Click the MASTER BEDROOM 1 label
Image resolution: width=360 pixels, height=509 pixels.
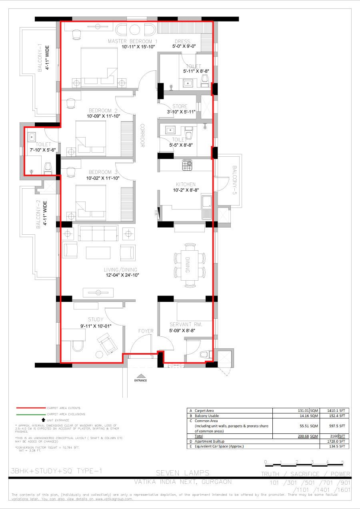click(132, 41)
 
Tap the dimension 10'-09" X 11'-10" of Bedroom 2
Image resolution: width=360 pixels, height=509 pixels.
click(104, 116)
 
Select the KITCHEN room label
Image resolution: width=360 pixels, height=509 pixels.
click(186, 184)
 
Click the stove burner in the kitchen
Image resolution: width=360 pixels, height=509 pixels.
click(187, 165)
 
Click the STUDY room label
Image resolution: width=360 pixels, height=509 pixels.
click(96, 319)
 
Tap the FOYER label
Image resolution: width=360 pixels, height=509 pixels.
click(146, 331)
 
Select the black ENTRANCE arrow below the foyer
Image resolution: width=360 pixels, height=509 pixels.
click(140, 375)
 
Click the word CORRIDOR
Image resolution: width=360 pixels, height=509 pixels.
click(142, 136)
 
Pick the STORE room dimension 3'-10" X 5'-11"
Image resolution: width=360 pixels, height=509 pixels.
click(181, 112)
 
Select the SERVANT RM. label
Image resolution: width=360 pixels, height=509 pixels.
click(186, 325)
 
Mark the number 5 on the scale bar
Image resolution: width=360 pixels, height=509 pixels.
click(342, 462)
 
